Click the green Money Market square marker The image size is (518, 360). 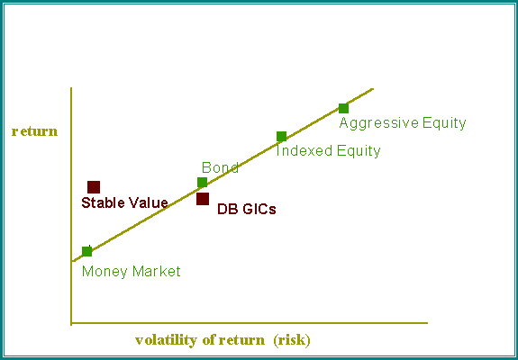click(x=86, y=251)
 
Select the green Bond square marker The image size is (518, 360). click(x=202, y=182)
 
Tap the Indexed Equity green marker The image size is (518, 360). click(x=281, y=136)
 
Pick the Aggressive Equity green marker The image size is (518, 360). click(x=343, y=108)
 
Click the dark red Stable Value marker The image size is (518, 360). click(x=94, y=187)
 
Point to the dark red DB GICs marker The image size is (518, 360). click(x=203, y=199)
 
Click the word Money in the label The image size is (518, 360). click(x=105, y=272)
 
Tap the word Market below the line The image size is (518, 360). click(x=156, y=272)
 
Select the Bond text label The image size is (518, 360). click(x=220, y=167)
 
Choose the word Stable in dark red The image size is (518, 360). click(x=103, y=202)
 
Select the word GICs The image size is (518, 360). click(x=259, y=209)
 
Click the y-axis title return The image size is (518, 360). click(x=35, y=131)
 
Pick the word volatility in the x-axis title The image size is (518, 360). click(x=166, y=340)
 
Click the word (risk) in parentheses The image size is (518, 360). click(x=292, y=340)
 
